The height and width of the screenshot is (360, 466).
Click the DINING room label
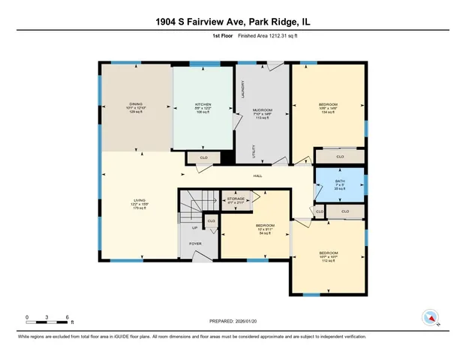pos(136,104)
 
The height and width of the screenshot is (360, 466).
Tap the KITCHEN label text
pos(203,104)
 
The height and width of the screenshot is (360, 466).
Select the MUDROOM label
pos(262,110)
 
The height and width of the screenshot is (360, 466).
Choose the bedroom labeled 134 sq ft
pos(328,104)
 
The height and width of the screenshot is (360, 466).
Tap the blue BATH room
pos(339,184)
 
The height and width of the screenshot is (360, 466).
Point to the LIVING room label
pos(139,200)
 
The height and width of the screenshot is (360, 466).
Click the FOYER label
pos(195,244)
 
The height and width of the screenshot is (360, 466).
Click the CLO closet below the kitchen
pos(203,157)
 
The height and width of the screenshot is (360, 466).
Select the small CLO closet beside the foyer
pos(211,221)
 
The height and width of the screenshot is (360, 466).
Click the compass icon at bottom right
pos(430,316)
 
